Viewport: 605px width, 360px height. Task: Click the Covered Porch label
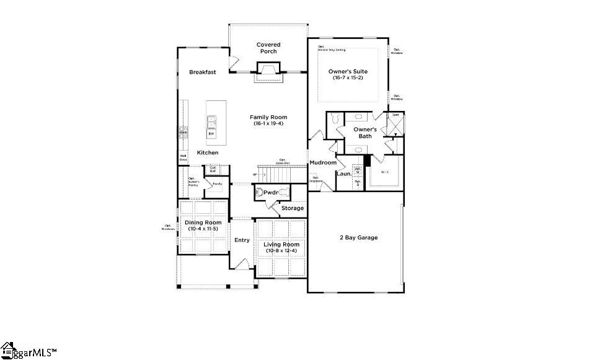268,48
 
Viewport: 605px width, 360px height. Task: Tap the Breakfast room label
203,72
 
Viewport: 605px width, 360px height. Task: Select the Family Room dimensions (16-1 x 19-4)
268,124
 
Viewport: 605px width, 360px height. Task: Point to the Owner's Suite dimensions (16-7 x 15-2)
348,77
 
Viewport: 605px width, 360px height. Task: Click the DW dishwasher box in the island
211,134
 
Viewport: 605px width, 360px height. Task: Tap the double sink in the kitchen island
211,120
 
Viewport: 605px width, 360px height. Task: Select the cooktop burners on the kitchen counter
183,131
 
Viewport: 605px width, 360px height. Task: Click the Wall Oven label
183,157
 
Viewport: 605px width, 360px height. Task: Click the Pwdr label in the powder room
270,193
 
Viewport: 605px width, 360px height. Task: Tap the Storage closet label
293,208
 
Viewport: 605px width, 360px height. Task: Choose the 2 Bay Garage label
358,237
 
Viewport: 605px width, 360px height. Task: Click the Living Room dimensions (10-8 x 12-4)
281,251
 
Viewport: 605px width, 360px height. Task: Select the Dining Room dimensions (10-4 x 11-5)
203,229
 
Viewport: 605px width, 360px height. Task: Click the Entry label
241,241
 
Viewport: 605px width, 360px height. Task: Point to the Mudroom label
323,163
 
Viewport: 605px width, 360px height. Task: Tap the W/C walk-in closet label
384,172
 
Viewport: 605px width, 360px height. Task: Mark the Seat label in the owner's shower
394,115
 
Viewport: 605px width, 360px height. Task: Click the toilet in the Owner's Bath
334,118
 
